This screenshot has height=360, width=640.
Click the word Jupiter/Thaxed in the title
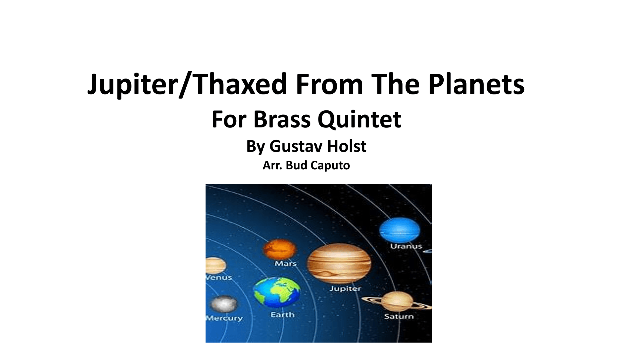click(187, 84)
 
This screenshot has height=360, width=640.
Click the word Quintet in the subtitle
click(359, 120)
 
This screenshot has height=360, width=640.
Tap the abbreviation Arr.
click(272, 165)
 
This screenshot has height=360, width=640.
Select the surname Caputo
click(330, 166)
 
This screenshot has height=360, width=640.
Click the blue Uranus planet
click(400, 230)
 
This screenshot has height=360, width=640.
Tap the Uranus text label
click(406, 246)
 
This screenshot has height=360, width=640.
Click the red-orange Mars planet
click(280, 249)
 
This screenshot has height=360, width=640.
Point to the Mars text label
click(286, 264)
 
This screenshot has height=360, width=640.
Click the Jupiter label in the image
click(345, 289)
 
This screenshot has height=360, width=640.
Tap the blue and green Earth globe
click(277, 292)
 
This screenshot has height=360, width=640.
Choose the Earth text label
click(282, 315)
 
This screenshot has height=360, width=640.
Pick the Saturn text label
click(399, 316)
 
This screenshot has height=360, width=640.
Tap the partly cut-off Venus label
click(219, 277)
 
